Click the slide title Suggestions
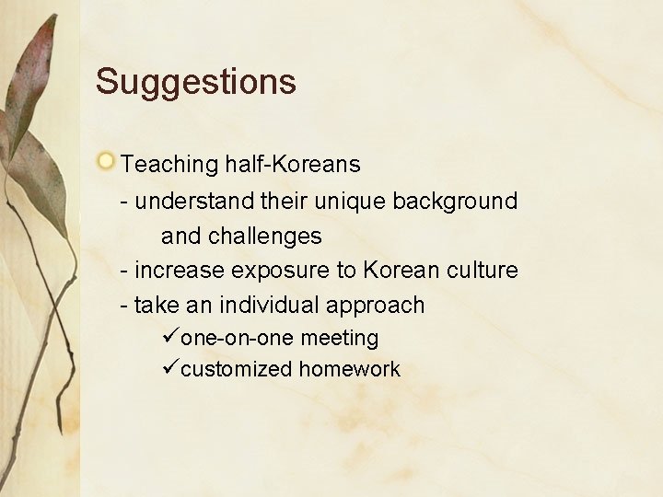(x=195, y=82)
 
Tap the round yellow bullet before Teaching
(x=107, y=163)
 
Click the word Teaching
(x=168, y=166)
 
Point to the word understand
(x=189, y=201)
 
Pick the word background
(x=455, y=201)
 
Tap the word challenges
(x=264, y=237)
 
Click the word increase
(x=180, y=271)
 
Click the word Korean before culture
(x=406, y=271)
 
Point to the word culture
(x=485, y=271)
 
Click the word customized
(x=237, y=370)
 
